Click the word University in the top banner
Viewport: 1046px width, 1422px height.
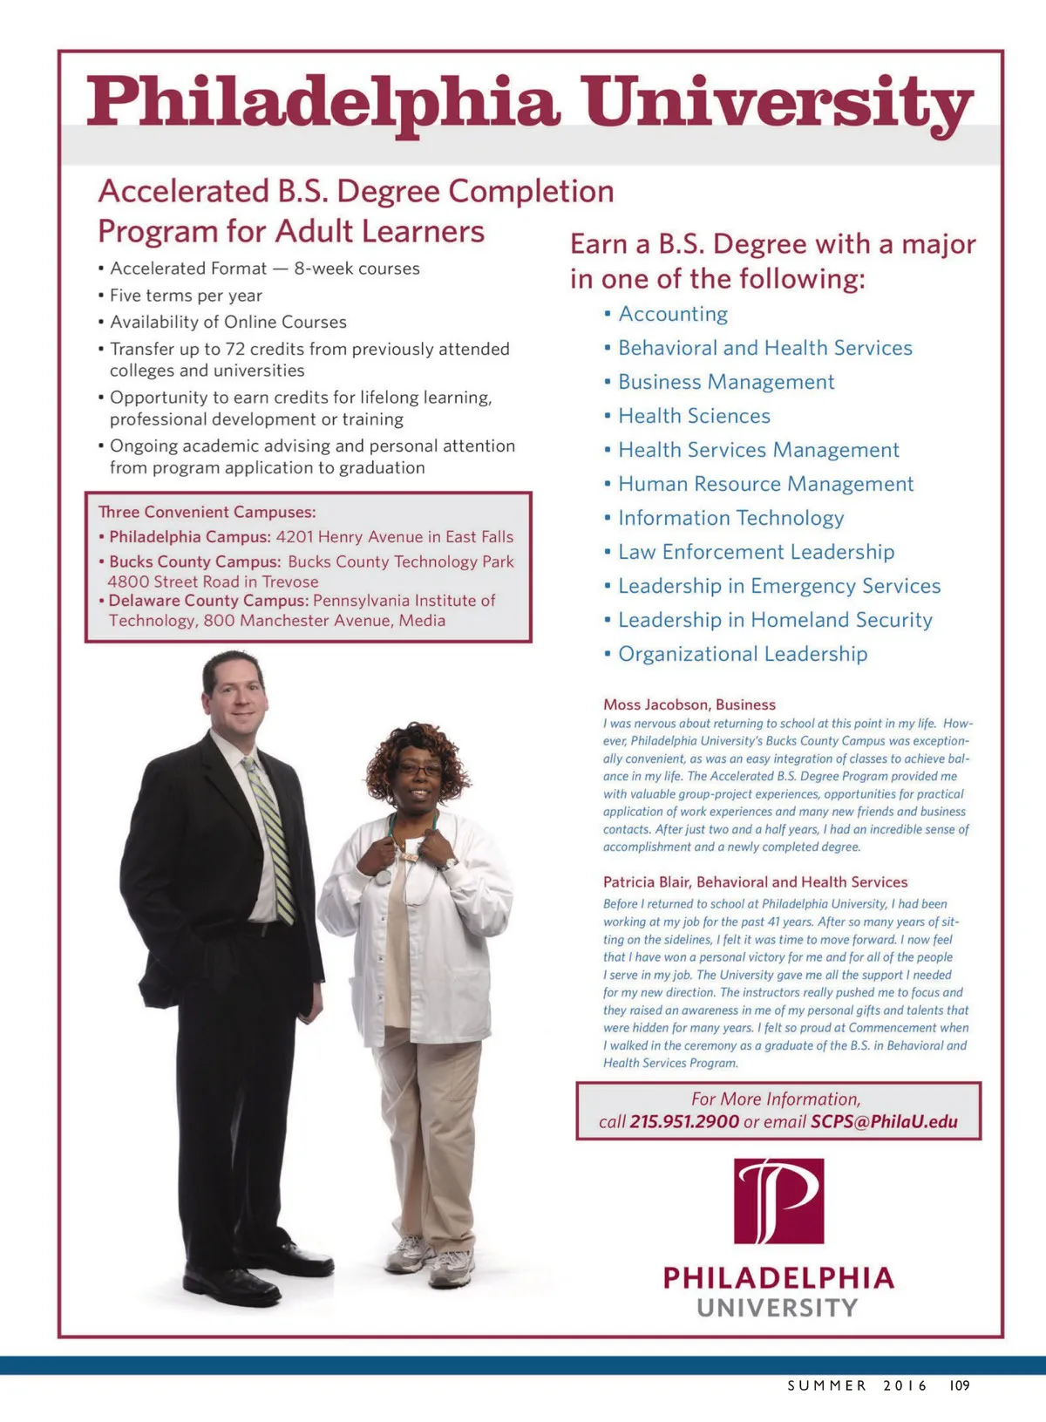pyautogui.click(x=778, y=103)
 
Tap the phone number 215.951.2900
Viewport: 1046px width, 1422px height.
pyautogui.click(x=684, y=1122)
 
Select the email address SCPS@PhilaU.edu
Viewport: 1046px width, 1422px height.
pyautogui.click(x=884, y=1122)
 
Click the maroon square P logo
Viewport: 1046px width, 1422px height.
pyautogui.click(x=778, y=1201)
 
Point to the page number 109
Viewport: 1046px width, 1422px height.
pyautogui.click(x=959, y=1385)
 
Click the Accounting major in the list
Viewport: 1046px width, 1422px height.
pyautogui.click(x=673, y=314)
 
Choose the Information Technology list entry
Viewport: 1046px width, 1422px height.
pyautogui.click(x=730, y=518)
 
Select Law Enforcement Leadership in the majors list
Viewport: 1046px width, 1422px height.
pyautogui.click(x=756, y=552)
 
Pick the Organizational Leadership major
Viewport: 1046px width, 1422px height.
pyautogui.click(x=743, y=654)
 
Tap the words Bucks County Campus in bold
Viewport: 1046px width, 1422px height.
pyautogui.click(x=195, y=562)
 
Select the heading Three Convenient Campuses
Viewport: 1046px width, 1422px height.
pyautogui.click(x=207, y=512)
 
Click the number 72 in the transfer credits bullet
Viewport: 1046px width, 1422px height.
pyautogui.click(x=235, y=349)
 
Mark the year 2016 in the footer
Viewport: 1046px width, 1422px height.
pyautogui.click(x=905, y=1385)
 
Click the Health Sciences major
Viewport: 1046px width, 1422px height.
pyautogui.click(x=694, y=416)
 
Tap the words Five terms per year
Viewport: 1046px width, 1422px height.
pyautogui.click(x=186, y=296)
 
